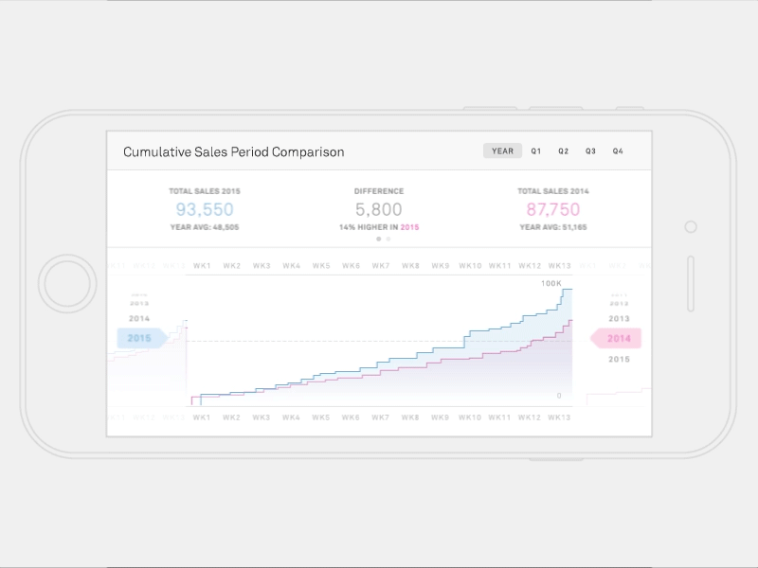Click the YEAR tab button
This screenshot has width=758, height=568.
click(x=502, y=151)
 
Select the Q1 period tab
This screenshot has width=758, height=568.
click(x=536, y=151)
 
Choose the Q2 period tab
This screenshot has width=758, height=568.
click(x=563, y=151)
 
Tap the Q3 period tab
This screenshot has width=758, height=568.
click(x=590, y=151)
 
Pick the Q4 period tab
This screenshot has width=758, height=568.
click(x=618, y=151)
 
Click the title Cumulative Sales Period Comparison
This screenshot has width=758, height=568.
click(x=234, y=151)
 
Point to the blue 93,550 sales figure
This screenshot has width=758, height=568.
click(x=205, y=209)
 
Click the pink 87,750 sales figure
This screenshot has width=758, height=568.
click(x=553, y=209)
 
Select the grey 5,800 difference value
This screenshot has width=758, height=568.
click(x=379, y=209)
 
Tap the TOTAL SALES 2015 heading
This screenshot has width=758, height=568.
click(x=205, y=191)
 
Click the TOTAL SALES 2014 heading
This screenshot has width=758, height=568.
click(x=553, y=191)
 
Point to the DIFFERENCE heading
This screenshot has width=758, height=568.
click(x=379, y=191)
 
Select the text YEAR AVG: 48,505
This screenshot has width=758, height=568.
click(x=205, y=227)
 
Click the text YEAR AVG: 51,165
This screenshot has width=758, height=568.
click(x=553, y=227)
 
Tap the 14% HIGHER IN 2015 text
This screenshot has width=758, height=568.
click(x=379, y=227)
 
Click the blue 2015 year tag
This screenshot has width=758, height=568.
click(x=140, y=338)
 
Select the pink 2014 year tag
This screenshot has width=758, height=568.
click(x=618, y=338)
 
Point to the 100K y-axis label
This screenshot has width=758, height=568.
click(x=550, y=284)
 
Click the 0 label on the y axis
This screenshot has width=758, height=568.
click(x=558, y=396)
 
